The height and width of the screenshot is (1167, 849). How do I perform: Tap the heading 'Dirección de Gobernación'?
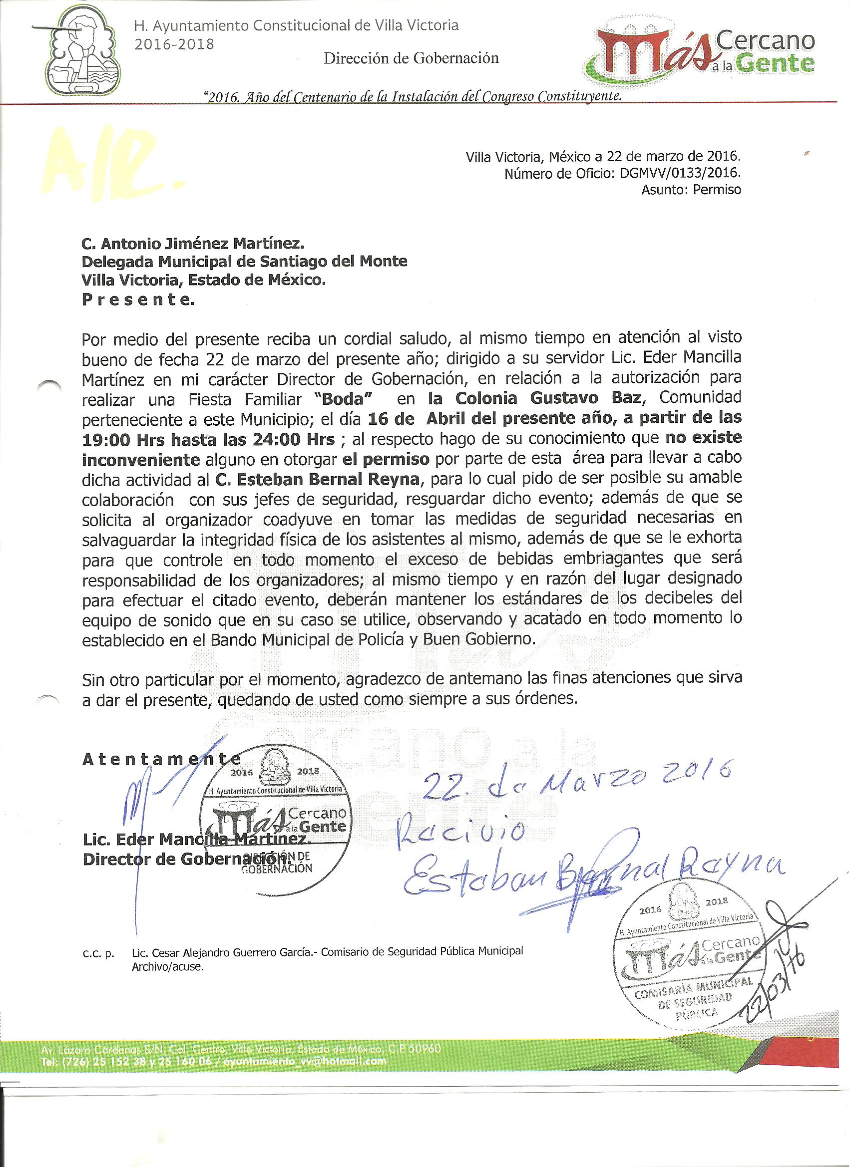411,58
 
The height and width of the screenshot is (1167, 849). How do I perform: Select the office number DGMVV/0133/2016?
678,174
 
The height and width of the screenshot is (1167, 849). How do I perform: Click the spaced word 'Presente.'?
138,300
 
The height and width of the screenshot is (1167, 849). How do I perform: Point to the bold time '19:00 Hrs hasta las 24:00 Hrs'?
209,438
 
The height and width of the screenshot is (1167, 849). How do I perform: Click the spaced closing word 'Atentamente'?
161,760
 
